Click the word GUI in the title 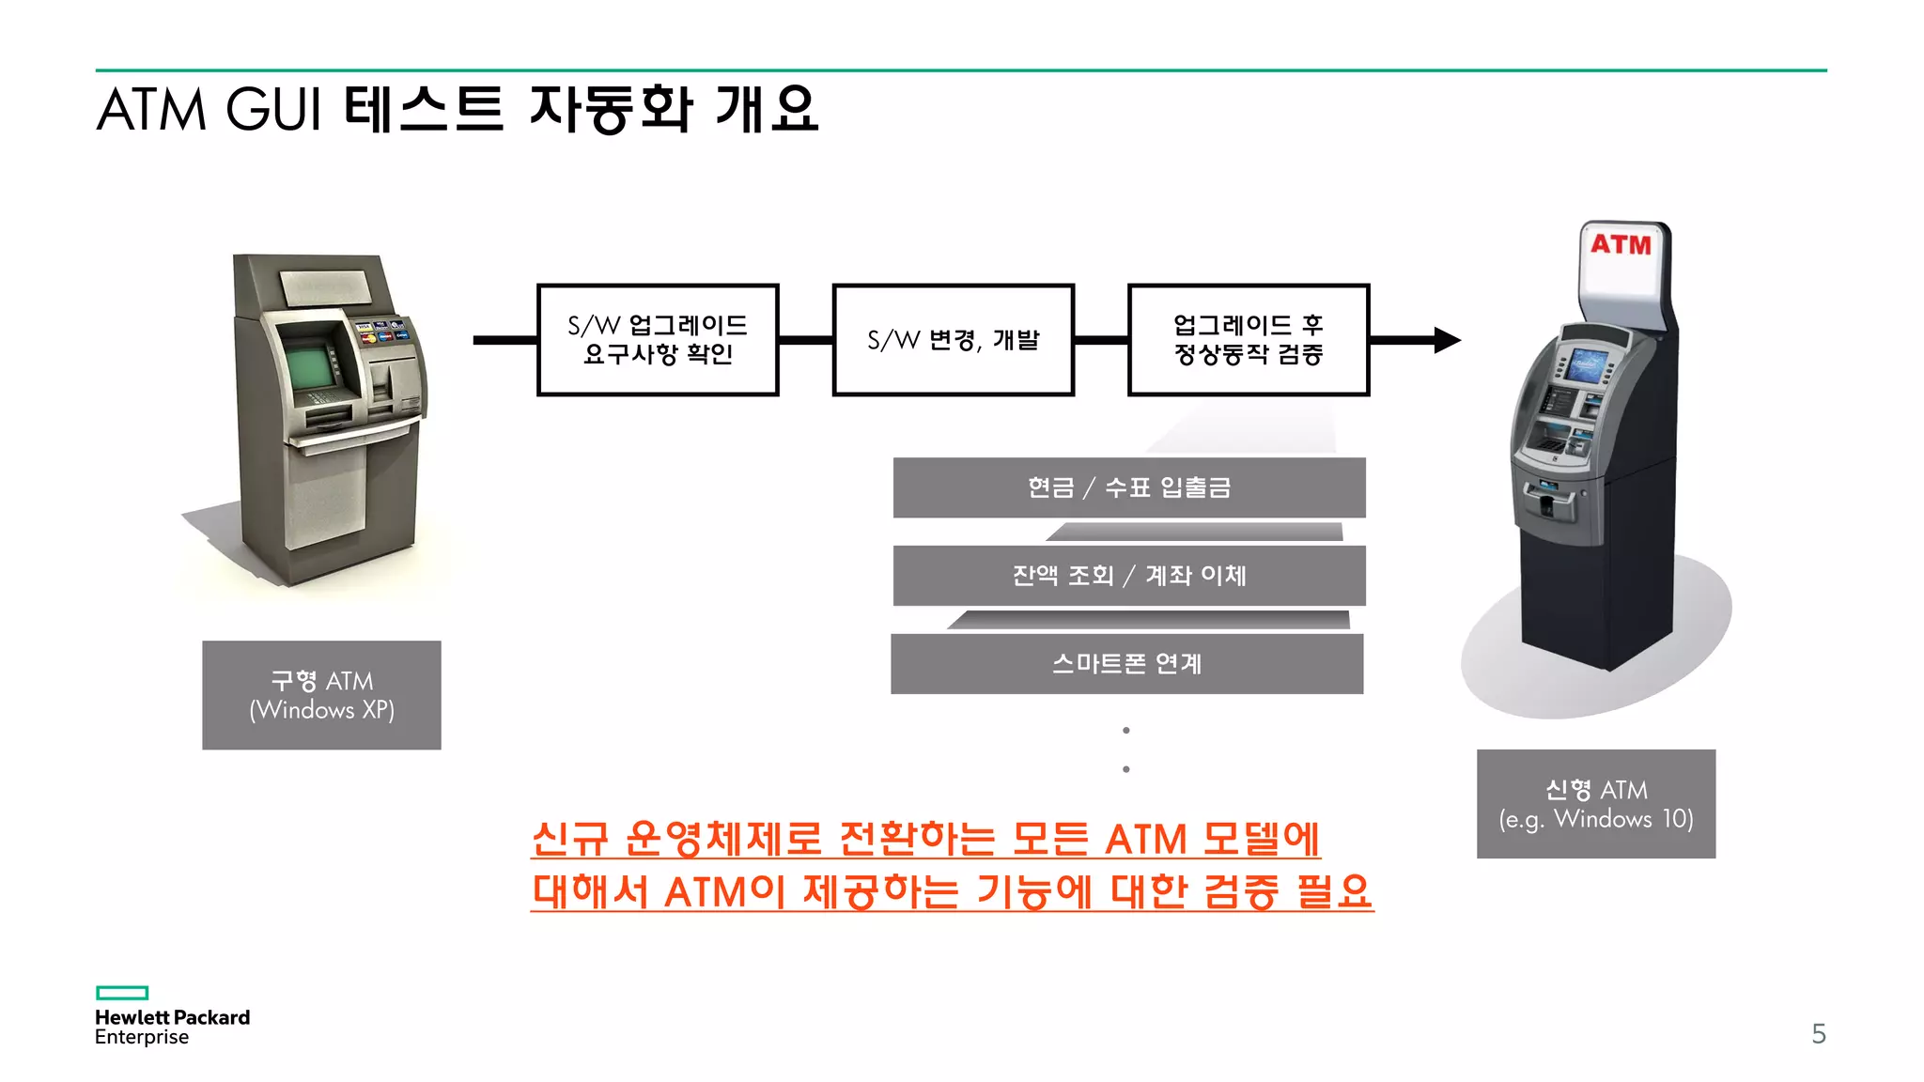(274, 110)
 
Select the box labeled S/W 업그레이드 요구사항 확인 (658, 340)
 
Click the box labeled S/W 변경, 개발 (953, 340)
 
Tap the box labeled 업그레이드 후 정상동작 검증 (1248, 340)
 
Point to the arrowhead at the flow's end (1447, 340)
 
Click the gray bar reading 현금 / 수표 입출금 (1128, 487)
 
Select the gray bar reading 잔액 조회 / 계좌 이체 (1128, 575)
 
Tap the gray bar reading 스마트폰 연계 (1126, 663)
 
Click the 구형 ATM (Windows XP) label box (321, 695)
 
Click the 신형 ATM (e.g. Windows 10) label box (1595, 804)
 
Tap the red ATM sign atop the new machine (1621, 245)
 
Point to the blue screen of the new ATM (1585, 365)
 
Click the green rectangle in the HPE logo (122, 993)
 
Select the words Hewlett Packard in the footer (172, 1017)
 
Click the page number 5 (1819, 1034)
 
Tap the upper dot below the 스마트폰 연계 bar (1125, 731)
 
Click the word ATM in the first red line (1146, 840)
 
